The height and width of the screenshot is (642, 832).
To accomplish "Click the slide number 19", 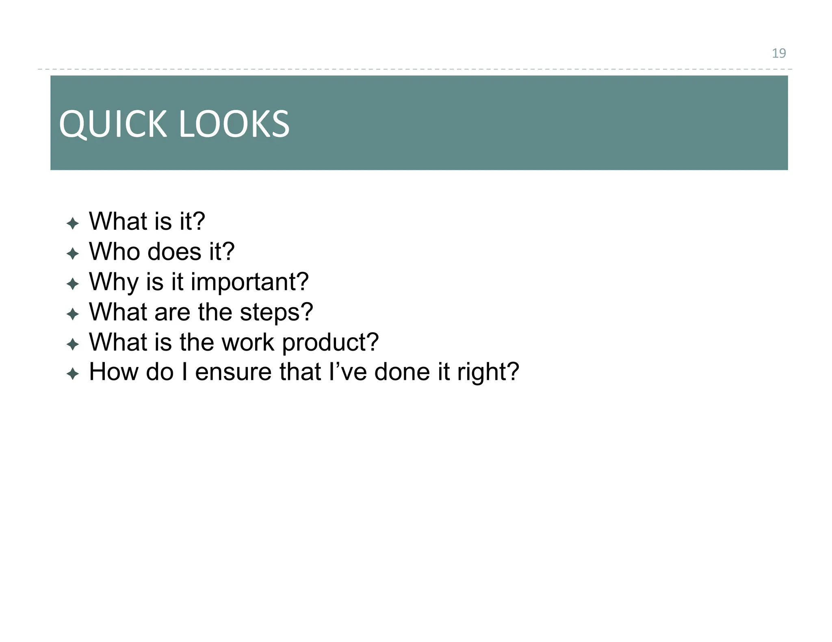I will pos(778,53).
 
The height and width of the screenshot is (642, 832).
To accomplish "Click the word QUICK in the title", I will pos(113,124).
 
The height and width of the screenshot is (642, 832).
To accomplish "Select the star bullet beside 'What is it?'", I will pos(73,223).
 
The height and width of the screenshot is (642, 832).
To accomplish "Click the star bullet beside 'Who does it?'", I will pos(73,254).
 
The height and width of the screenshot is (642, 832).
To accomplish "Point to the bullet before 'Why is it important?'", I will pos(73,284).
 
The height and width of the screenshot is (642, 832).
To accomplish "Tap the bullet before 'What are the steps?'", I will pos(73,314).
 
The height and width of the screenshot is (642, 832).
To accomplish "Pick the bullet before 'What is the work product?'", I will pos(73,344).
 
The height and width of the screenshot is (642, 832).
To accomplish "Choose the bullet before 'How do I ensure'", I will pos(73,374).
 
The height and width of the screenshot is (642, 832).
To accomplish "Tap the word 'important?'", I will pos(249,282).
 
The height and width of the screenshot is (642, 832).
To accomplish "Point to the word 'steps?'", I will pos(276,312).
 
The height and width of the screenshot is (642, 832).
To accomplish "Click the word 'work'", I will pos(248,343).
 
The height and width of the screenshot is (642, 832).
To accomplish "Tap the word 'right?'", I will pos(488,373).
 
